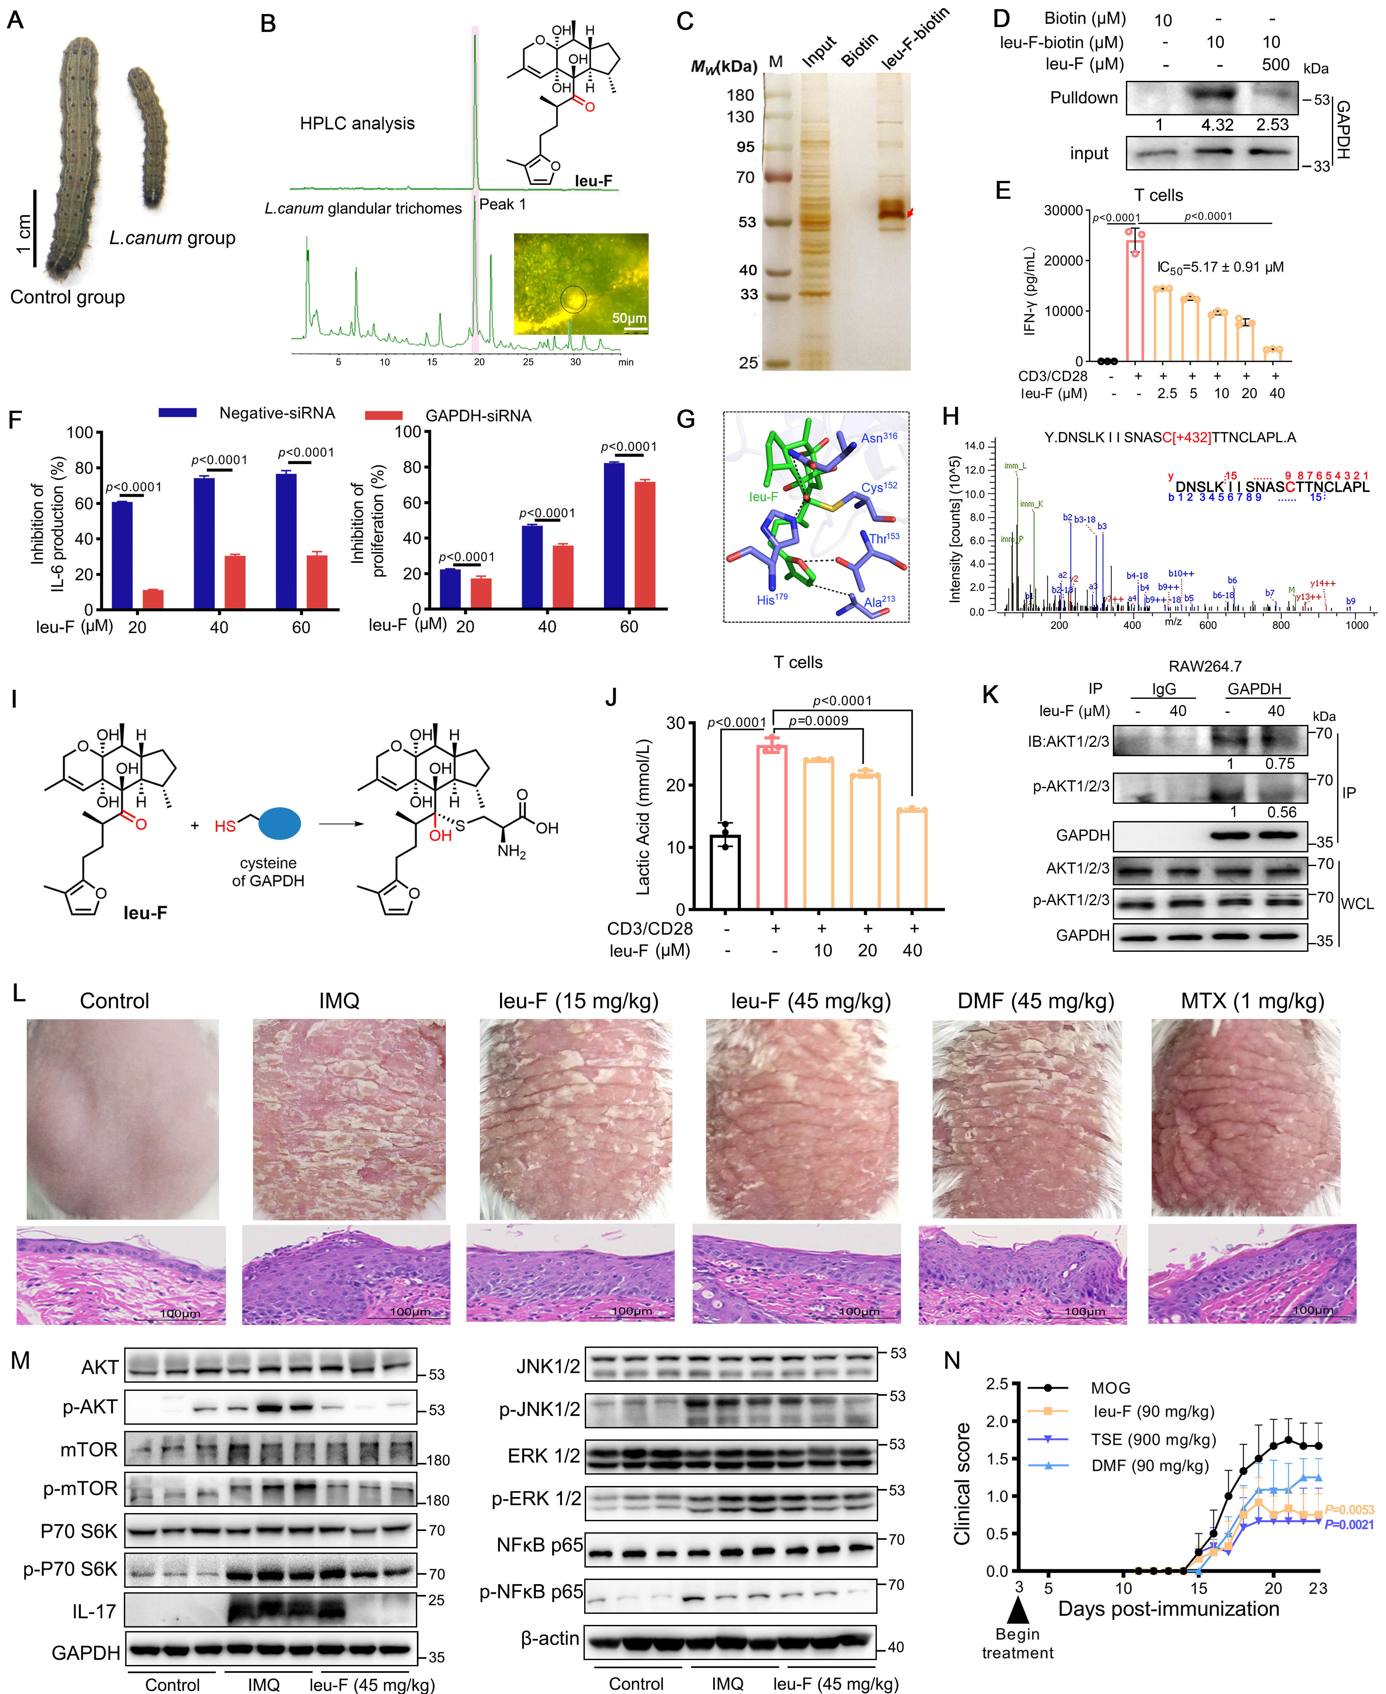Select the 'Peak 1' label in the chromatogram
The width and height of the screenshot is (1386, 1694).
[x=502, y=204]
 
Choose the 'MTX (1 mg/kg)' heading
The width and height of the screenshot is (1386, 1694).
[x=1252, y=1001]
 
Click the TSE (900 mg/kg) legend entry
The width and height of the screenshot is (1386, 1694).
[x=1153, y=1439]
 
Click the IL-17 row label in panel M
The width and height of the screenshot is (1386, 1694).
[x=94, y=1611]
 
